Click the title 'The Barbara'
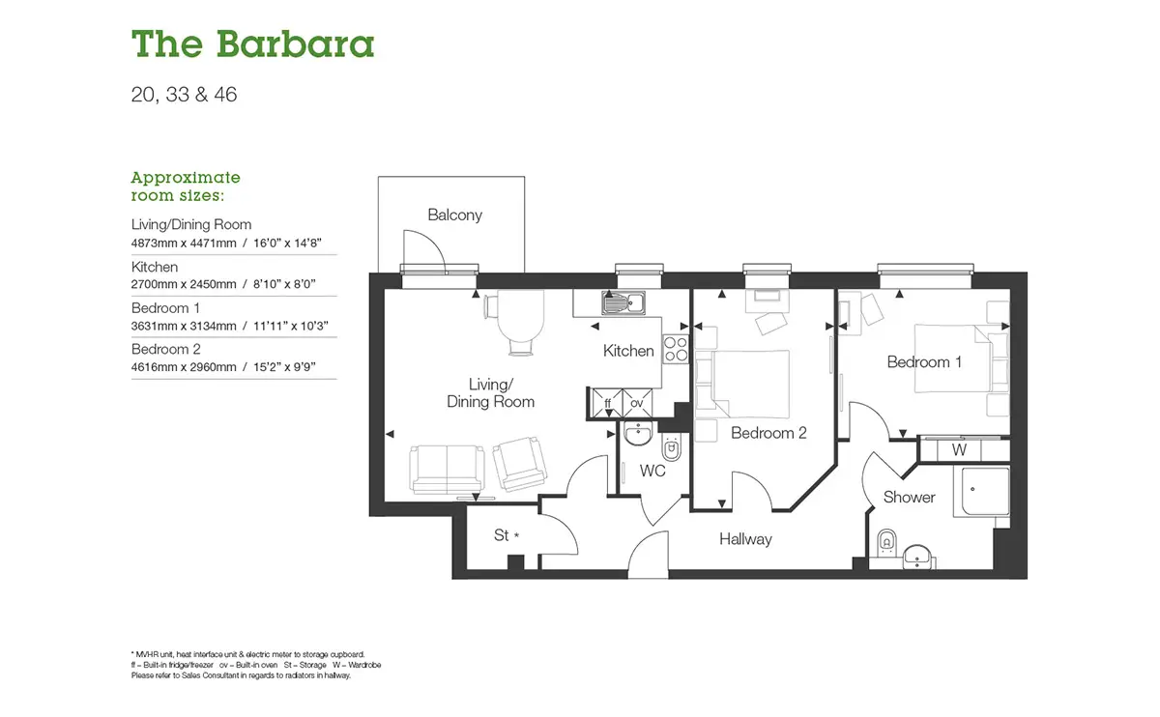pos(252,43)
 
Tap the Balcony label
pos(454,215)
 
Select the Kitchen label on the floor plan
pos(628,351)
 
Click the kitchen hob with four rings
pos(676,349)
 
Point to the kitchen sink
pos(623,302)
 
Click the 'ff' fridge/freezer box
pos(607,403)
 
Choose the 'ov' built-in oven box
pos(637,403)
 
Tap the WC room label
pos(652,471)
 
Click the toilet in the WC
pos(672,447)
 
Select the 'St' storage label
pos(502,534)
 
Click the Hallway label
pos(745,539)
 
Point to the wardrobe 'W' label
pos(959,449)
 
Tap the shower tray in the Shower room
pos(981,491)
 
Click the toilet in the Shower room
pos(886,542)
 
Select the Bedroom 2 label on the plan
pos(768,433)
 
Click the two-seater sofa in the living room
pos(447,469)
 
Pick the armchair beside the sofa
pos(519,464)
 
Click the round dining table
pos(520,316)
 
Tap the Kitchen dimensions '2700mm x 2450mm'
pos(184,284)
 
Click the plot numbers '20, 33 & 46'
pos(184,95)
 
